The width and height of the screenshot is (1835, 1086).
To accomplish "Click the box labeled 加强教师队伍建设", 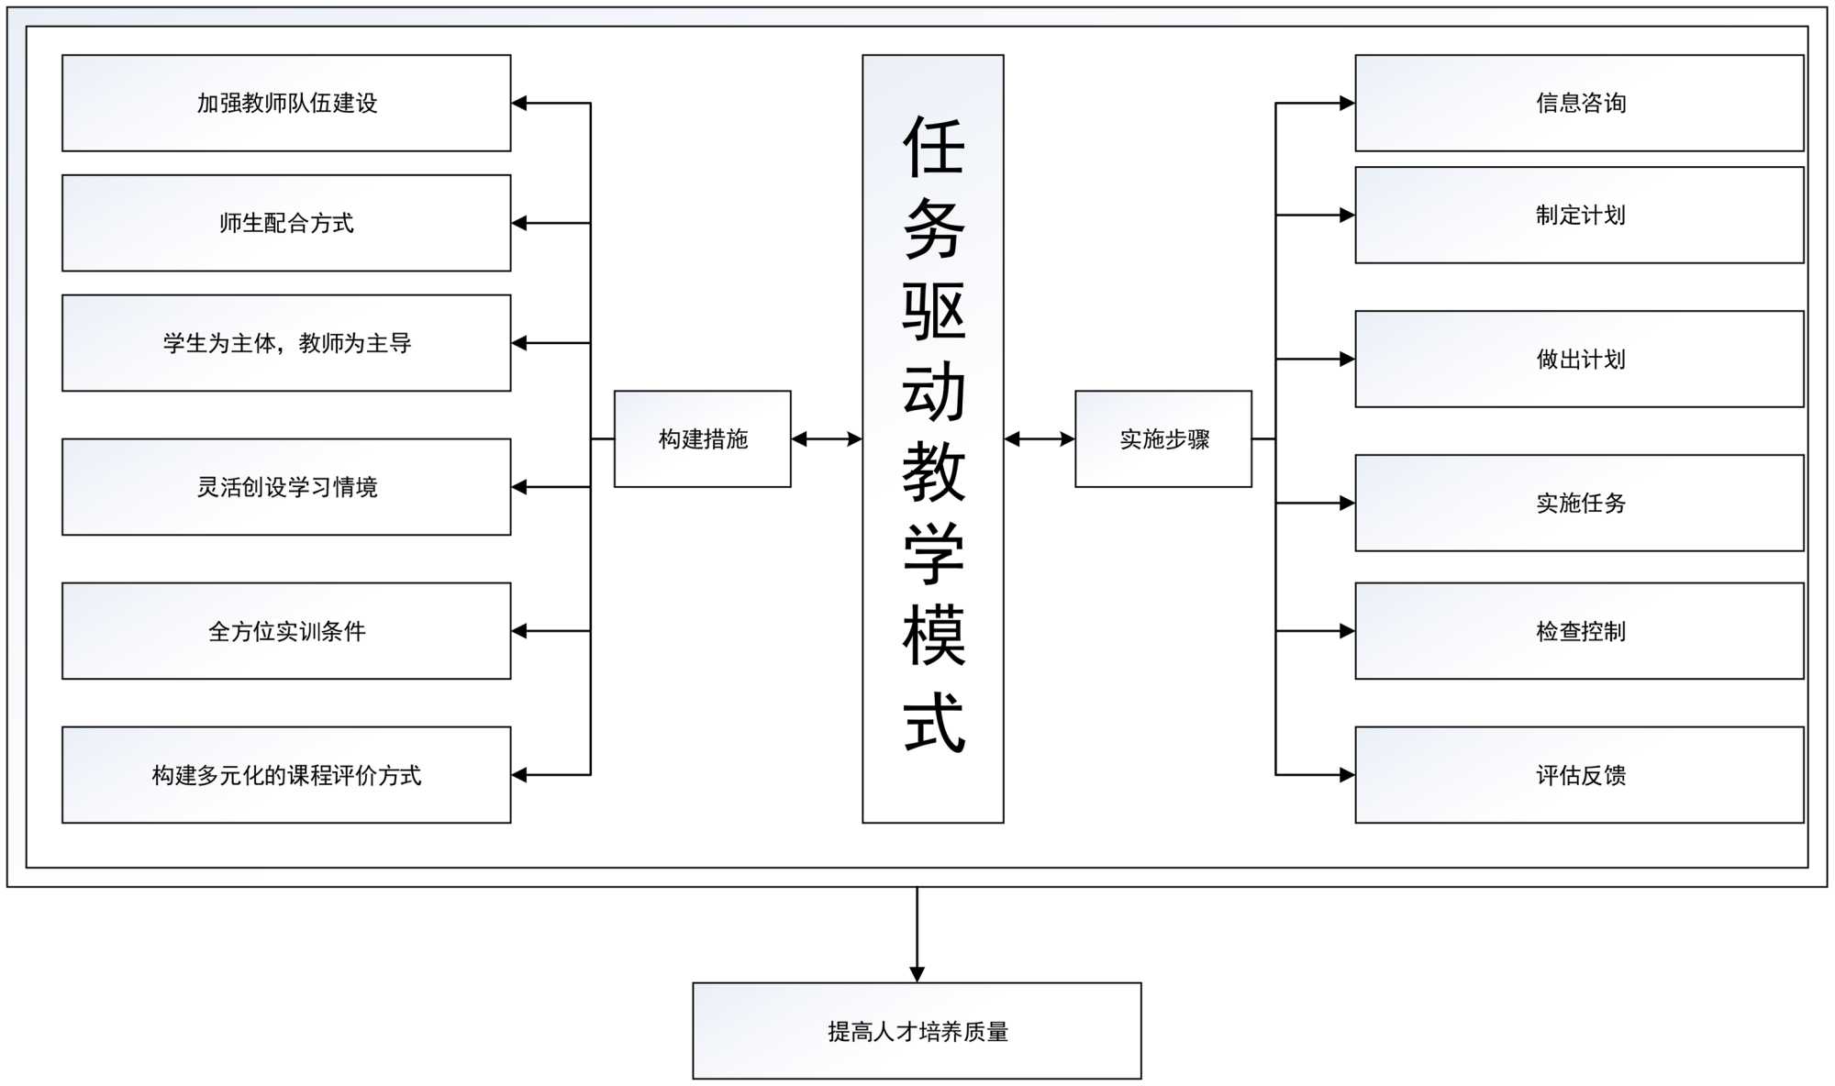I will pyautogui.click(x=286, y=103).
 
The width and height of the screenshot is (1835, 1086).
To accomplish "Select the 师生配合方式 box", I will pyautogui.click(x=286, y=223).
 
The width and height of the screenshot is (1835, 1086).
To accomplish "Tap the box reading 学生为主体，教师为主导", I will pyautogui.click(x=286, y=343).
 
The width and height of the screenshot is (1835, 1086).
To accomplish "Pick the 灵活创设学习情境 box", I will pyautogui.click(x=286, y=487).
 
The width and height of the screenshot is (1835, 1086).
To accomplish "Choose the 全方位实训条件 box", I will pyautogui.click(x=286, y=631).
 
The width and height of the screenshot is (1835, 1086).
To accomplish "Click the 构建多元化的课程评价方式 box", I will pyautogui.click(x=286, y=775).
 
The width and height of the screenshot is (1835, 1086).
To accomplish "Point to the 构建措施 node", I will pyautogui.click(x=703, y=439).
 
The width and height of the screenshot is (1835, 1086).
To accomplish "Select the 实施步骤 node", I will pyautogui.click(x=1163, y=439).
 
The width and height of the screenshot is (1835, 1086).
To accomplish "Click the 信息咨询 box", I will pyautogui.click(x=1580, y=103).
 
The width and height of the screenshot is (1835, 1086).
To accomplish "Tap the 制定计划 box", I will pyautogui.click(x=1580, y=216).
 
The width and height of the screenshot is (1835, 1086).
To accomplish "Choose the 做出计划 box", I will pyautogui.click(x=1580, y=360).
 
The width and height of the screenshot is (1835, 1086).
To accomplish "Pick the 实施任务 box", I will pyautogui.click(x=1580, y=503).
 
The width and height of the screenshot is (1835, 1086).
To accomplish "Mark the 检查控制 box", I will pyautogui.click(x=1580, y=631).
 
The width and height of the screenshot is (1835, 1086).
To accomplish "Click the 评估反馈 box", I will pyautogui.click(x=1580, y=775).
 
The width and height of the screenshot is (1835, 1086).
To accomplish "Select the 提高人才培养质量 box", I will pyautogui.click(x=917, y=1031).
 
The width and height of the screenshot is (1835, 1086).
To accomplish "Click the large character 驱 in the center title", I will pyautogui.click(x=934, y=312).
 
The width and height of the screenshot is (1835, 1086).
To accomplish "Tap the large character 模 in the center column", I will pyautogui.click(x=934, y=635).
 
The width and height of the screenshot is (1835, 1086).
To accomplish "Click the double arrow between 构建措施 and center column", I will pyautogui.click(x=827, y=439).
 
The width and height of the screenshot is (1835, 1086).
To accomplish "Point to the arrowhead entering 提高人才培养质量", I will pyautogui.click(x=917, y=974).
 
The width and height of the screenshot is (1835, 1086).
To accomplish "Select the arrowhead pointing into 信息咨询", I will pyautogui.click(x=1347, y=104).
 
